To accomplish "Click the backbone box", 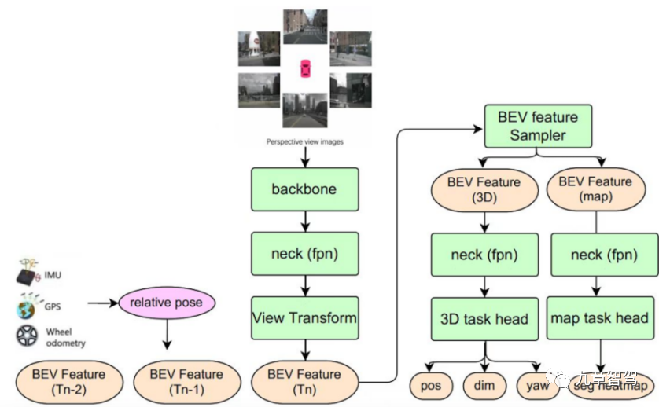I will (x=303, y=189).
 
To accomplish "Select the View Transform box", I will (x=303, y=318).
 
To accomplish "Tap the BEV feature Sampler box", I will (x=537, y=126).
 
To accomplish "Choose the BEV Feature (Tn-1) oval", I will (x=186, y=381).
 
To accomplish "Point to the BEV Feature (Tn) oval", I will (x=303, y=381).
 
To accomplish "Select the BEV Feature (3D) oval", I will (x=484, y=190).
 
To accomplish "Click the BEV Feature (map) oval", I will (x=595, y=190).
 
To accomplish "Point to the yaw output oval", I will (x=538, y=385).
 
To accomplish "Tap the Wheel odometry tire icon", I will (x=28, y=335).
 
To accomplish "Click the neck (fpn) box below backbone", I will (x=303, y=254).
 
